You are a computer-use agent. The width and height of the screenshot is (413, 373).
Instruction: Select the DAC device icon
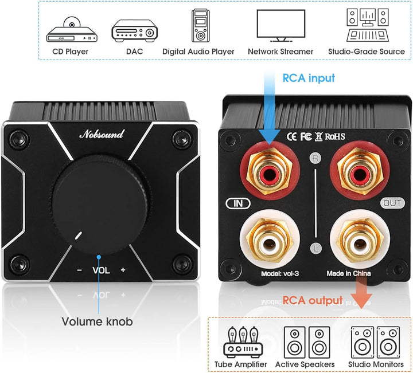pos(135,30)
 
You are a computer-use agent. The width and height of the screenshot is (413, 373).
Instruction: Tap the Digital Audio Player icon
pos(200,26)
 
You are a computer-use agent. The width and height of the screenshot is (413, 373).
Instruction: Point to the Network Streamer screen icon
pos(280,26)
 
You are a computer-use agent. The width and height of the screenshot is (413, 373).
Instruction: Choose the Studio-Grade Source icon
pos(368,25)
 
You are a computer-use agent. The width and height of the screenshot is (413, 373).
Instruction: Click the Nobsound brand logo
pos(102,134)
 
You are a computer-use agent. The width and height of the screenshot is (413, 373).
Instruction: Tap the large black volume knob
pos(100,205)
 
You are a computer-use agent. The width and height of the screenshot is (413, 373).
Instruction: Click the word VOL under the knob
pos(101,270)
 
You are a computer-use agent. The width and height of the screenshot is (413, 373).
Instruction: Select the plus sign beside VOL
pos(123,270)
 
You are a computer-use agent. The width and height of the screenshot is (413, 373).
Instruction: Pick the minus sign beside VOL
pos(79,270)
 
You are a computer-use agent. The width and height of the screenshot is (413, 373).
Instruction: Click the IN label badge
pos(238,203)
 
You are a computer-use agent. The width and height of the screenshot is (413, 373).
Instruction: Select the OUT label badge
pos(392,203)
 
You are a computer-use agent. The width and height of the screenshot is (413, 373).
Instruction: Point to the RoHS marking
pos(335,136)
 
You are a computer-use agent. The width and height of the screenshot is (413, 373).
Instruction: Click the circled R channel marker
pos(315,158)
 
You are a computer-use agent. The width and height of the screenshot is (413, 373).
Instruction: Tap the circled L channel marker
pos(316,248)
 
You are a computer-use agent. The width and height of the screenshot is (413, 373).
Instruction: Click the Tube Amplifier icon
pos(243,342)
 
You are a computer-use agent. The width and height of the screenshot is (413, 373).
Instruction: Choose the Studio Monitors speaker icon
pos(375,343)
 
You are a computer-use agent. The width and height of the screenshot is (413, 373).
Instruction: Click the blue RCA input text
pos(309,78)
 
